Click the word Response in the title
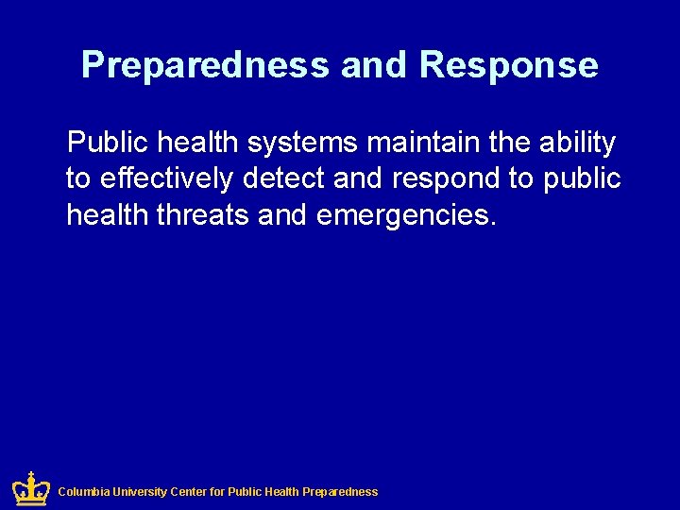click(x=508, y=65)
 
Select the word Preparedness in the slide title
click(x=205, y=65)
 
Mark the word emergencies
click(x=406, y=216)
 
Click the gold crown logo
click(x=31, y=489)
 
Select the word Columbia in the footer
click(x=83, y=492)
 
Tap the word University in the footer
click(x=140, y=492)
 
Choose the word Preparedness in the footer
click(x=340, y=492)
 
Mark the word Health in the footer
click(x=282, y=492)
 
